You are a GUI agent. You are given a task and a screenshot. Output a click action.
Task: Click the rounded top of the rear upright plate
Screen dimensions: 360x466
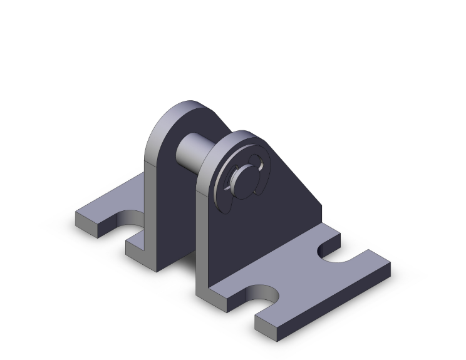182,108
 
